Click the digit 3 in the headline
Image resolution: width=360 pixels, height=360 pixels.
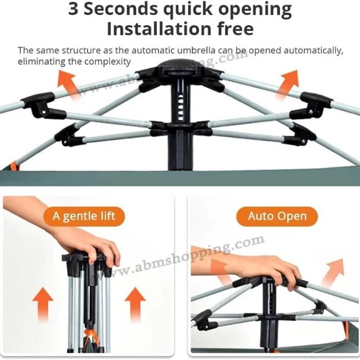(x=73, y=9)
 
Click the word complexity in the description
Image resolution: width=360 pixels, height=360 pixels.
(x=108, y=62)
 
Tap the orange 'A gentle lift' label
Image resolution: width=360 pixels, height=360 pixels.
(x=84, y=216)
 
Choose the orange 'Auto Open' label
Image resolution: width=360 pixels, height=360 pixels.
(x=277, y=216)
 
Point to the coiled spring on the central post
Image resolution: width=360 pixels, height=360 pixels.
(x=181, y=107)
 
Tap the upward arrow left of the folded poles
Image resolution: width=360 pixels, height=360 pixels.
(x=43, y=303)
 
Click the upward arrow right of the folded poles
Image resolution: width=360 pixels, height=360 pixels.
(x=135, y=303)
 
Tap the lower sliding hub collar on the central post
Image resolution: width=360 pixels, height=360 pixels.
(x=181, y=128)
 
